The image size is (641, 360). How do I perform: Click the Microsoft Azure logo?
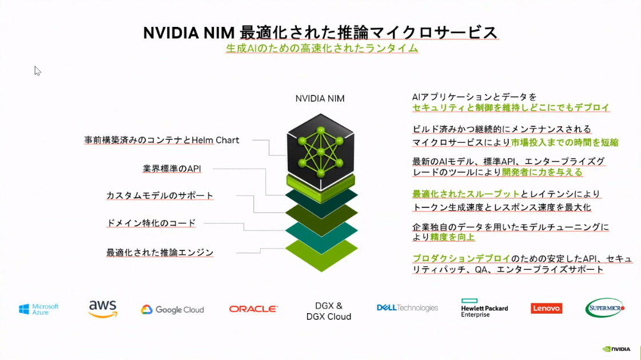click(x=39, y=309)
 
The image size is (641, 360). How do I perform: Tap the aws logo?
click(x=103, y=309)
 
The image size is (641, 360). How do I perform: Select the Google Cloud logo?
click(x=173, y=310)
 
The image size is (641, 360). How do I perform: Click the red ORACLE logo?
click(x=253, y=309)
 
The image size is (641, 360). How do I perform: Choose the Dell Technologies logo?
click(x=407, y=308)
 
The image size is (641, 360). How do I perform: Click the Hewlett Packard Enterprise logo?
click(x=484, y=308)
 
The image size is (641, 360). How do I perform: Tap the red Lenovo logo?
click(x=546, y=309)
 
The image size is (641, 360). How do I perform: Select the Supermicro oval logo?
click(x=605, y=308)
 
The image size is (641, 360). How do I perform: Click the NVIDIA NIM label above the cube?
click(x=320, y=98)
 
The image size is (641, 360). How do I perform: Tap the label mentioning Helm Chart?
click(x=162, y=140)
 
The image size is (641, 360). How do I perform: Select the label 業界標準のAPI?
click(x=172, y=169)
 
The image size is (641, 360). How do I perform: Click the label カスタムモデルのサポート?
click(x=160, y=195)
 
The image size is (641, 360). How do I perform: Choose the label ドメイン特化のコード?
click(x=152, y=223)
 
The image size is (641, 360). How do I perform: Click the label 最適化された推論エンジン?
click(x=160, y=252)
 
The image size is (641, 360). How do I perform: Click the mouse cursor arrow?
click(x=37, y=71)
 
